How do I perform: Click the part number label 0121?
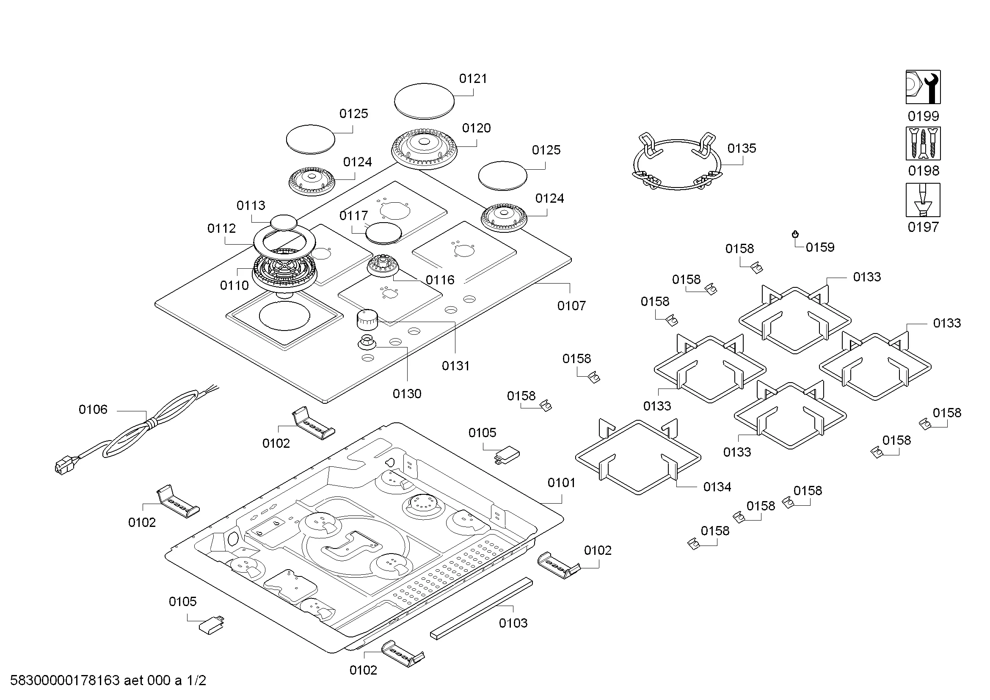pos(473,78)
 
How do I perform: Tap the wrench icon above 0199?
pos(923,87)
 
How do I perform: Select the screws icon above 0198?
pos(923,143)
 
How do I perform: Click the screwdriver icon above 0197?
pos(923,200)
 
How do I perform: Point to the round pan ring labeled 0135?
pos(676,164)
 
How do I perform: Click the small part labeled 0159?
pos(795,234)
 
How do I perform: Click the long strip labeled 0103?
pos(481,609)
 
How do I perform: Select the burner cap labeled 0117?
pos(383,234)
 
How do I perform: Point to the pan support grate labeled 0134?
pos(638,457)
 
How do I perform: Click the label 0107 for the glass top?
pos(571,306)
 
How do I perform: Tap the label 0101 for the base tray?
pos(561,483)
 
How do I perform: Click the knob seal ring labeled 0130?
pos(367,343)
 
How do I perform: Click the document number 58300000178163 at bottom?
pos(65,681)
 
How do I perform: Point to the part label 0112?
pos(221,229)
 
